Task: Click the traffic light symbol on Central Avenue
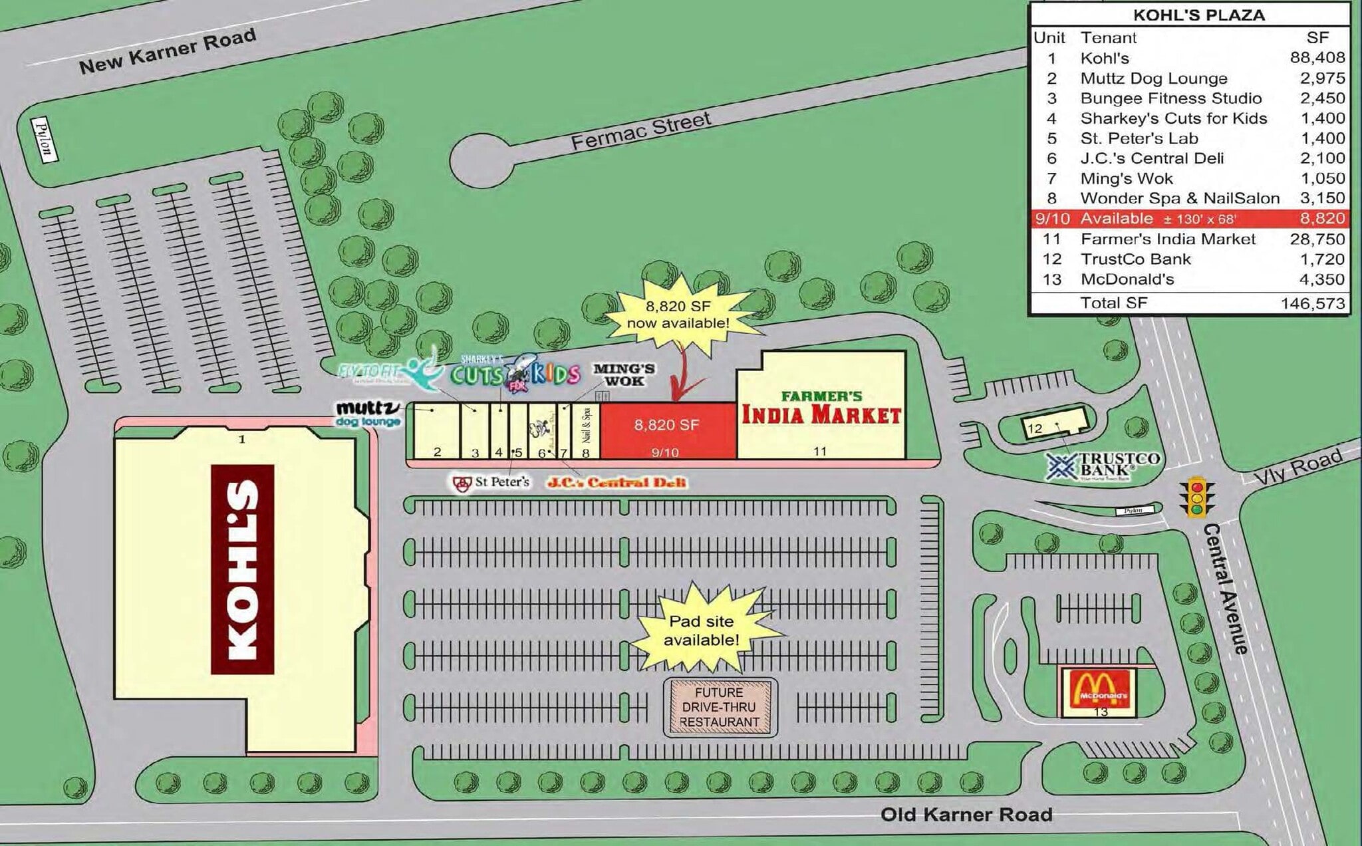point(1197,496)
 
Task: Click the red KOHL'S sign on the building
point(242,569)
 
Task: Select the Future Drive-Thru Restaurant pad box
point(720,707)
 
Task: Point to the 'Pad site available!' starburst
point(701,630)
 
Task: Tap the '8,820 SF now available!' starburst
point(678,315)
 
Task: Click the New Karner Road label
point(167,51)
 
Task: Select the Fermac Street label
point(640,130)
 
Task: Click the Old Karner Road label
point(966,814)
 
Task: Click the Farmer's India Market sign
point(821,408)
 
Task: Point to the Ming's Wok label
point(624,374)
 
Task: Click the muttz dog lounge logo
point(368,414)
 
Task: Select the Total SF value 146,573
point(1312,304)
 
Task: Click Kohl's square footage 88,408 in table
point(1317,58)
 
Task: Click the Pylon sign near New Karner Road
point(44,139)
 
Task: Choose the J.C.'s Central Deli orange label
point(616,483)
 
